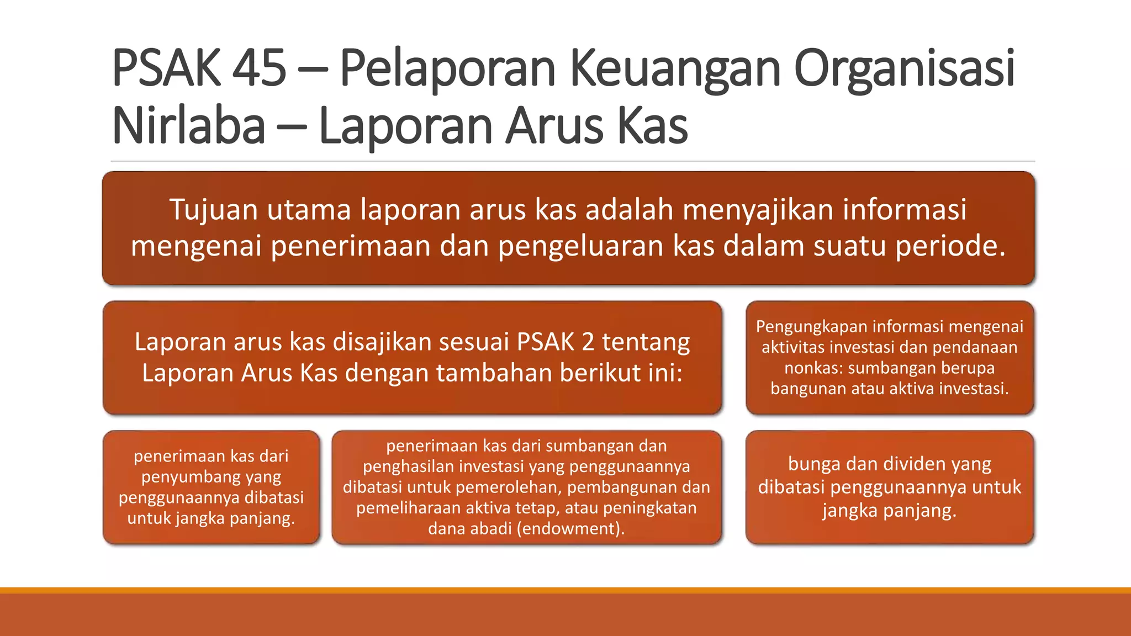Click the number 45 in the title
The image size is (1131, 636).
259,68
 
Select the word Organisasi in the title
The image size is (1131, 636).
904,68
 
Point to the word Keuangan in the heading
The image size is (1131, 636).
674,68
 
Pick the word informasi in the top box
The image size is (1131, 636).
904,210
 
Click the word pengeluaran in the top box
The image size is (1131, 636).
580,246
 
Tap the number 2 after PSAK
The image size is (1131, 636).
588,342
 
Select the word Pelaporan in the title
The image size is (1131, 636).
447,68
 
